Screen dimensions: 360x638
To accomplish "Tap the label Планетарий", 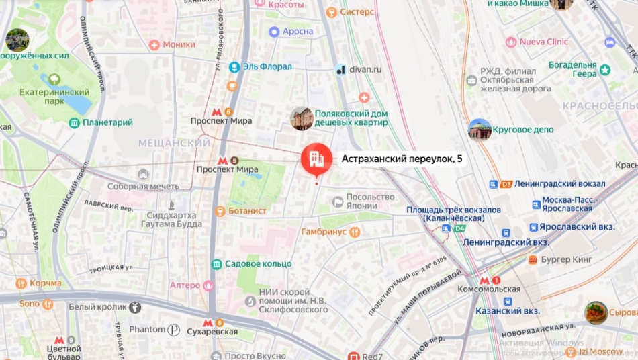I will (109, 122).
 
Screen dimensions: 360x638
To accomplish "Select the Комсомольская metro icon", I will (484, 281).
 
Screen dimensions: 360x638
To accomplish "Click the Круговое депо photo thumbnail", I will (480, 130).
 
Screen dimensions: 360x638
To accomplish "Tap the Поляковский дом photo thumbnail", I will (302, 118).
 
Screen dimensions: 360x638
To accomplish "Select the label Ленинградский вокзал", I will (560, 184).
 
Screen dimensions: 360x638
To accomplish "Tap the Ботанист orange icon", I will (219, 211).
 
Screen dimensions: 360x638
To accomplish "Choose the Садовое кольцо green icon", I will (216, 265).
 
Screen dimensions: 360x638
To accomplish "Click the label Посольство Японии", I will (370, 201).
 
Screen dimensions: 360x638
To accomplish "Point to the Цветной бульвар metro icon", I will (59, 341).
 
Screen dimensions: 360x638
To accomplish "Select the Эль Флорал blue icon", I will (234, 66).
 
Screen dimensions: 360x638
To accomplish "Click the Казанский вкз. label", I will (508, 311).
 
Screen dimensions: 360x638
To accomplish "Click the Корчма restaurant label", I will (46, 283).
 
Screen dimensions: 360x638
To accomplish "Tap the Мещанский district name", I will (174, 143).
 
